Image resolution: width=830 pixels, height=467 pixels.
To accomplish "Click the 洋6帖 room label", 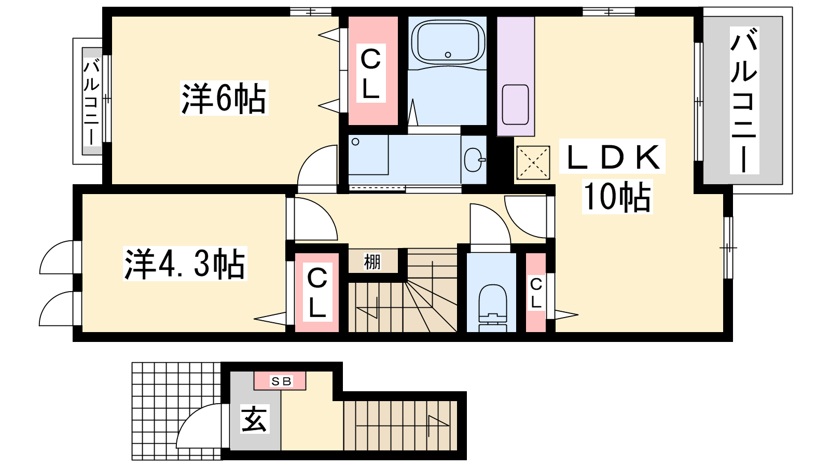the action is pyautogui.click(x=224, y=98).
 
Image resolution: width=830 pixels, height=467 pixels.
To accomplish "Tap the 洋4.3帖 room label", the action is pyautogui.click(x=185, y=264).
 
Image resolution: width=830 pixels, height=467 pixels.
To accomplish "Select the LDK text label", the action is pyautogui.click(x=612, y=156).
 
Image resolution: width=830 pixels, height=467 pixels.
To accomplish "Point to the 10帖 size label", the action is pyautogui.click(x=617, y=197).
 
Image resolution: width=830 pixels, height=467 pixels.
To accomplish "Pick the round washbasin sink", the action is pyautogui.click(x=474, y=160).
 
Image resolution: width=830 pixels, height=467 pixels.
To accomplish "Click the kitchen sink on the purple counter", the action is pyautogui.click(x=515, y=105).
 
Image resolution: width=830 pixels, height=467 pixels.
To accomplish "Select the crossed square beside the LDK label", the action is pyautogui.click(x=533, y=163).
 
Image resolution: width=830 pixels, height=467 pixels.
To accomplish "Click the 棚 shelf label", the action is pyautogui.click(x=372, y=262).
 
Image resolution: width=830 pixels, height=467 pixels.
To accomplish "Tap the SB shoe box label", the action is pyautogui.click(x=281, y=381).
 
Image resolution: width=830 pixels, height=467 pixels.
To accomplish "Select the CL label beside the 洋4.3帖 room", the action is pyautogui.click(x=317, y=293).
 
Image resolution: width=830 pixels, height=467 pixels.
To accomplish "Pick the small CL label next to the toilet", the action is pyautogui.click(x=536, y=294).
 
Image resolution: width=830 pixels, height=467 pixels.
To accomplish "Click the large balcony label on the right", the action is pyautogui.click(x=744, y=100).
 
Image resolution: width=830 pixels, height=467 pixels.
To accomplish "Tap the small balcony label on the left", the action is pyautogui.click(x=91, y=103).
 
